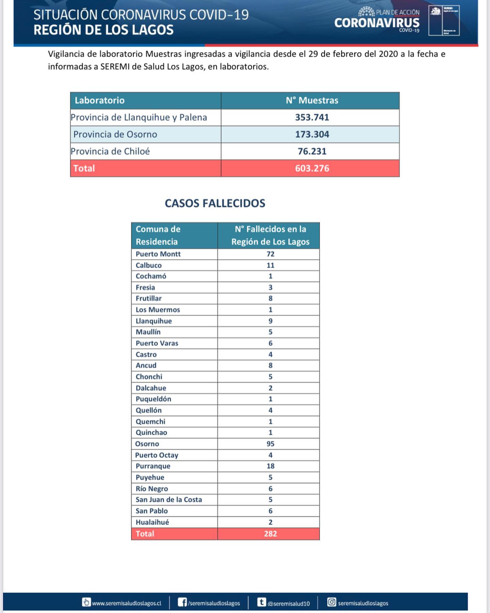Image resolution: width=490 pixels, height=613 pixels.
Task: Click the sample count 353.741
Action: [x=312, y=117]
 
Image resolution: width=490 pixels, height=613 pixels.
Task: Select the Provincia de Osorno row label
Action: [x=115, y=135]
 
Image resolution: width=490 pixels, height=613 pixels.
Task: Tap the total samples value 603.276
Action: [x=312, y=168]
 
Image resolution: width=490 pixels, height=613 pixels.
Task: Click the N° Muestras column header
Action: [x=312, y=100]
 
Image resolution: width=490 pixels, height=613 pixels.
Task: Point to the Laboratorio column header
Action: [x=99, y=100]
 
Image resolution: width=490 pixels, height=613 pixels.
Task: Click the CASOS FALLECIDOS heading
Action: [x=215, y=203]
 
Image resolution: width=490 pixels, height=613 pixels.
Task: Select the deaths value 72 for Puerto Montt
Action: [x=270, y=254]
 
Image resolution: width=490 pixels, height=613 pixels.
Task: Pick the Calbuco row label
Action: [x=148, y=265]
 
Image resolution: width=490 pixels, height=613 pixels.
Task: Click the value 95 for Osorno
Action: [x=270, y=444]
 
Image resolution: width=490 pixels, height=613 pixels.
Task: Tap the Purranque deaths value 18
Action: [x=270, y=466]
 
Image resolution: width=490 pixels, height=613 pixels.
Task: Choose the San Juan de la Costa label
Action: [x=168, y=500]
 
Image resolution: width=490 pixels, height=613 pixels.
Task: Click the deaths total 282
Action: [x=270, y=534]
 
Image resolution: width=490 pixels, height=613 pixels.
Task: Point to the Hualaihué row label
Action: [x=152, y=522]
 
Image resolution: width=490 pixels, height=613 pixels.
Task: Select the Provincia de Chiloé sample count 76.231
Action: [x=312, y=151]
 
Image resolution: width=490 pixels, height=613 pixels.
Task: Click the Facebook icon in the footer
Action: [x=182, y=602]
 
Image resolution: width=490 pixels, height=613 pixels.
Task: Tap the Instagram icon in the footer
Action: [x=331, y=602]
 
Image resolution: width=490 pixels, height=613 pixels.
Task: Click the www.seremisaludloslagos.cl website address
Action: [x=126, y=603]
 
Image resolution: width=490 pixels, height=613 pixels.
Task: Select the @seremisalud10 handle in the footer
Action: [x=288, y=603]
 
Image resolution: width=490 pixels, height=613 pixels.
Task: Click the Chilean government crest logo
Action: [x=436, y=12]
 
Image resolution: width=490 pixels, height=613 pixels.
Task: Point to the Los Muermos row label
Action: [x=158, y=310]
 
